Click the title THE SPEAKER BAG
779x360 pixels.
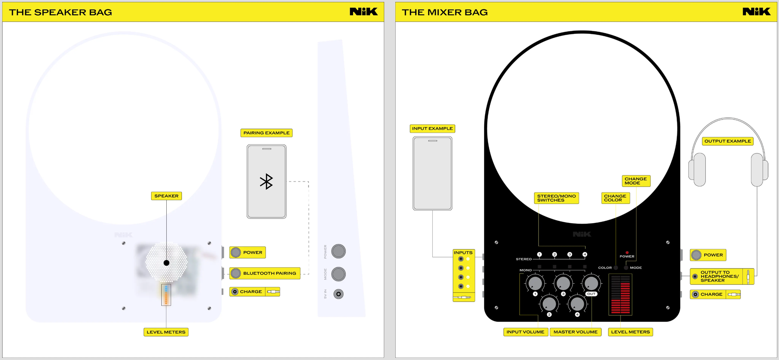click(x=60, y=12)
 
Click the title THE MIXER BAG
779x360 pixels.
click(x=444, y=12)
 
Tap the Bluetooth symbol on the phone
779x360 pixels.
click(x=266, y=182)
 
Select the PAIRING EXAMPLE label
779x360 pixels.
click(x=266, y=133)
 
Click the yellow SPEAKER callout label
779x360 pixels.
click(x=166, y=196)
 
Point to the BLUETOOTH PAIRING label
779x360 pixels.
click(x=269, y=273)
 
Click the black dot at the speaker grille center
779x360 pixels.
click(x=166, y=263)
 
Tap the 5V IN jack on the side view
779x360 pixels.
click(x=338, y=294)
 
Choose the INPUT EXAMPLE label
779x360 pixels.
click(x=432, y=129)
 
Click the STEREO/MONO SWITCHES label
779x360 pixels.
click(x=556, y=198)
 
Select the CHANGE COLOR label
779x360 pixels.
click(x=615, y=198)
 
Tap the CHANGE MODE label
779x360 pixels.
click(x=636, y=181)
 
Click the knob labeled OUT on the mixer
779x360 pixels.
click(x=591, y=283)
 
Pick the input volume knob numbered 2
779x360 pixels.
click(x=549, y=304)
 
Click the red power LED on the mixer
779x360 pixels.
click(x=627, y=252)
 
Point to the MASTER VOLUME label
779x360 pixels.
click(x=575, y=332)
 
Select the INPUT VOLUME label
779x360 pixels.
click(x=525, y=332)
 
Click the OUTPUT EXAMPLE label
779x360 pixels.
click(x=728, y=141)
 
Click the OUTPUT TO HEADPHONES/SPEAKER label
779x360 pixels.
click(x=719, y=276)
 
